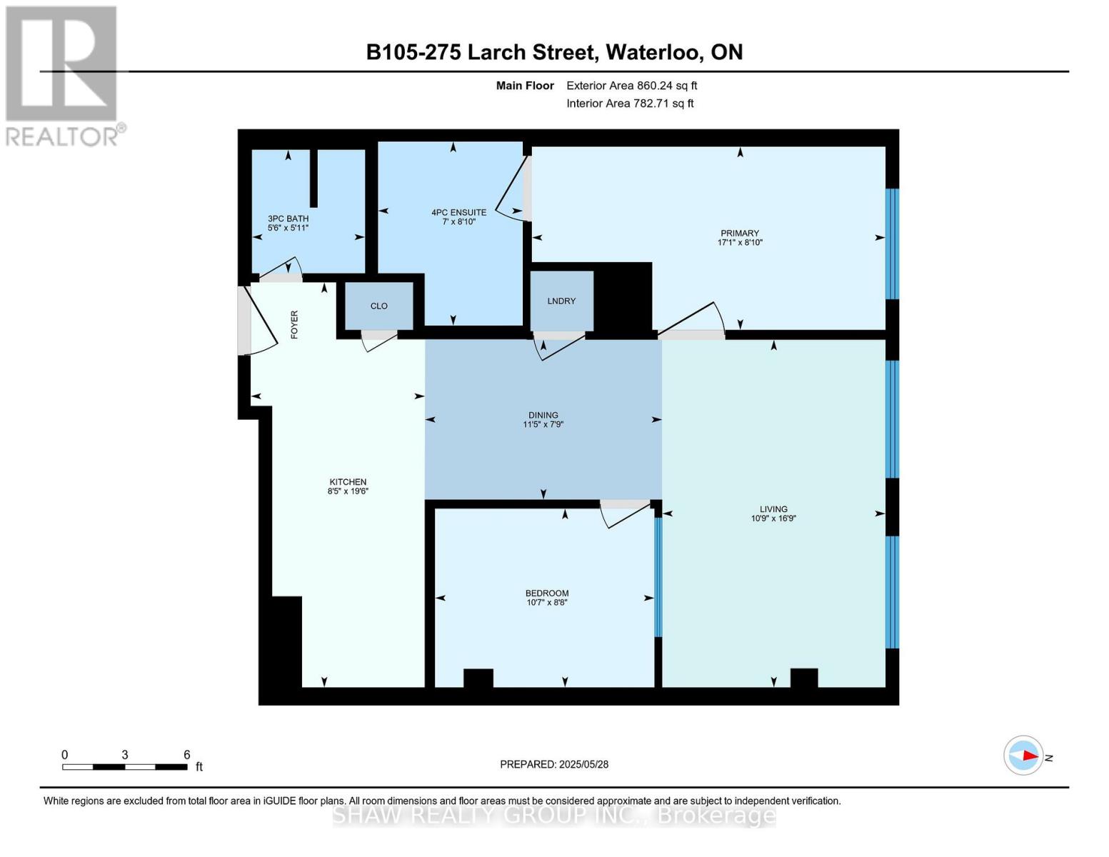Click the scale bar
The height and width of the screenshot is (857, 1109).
[124, 766]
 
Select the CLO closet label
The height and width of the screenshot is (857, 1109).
[378, 306]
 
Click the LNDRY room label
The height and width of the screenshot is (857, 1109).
[561, 301]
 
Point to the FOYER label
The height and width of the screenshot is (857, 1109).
[294, 325]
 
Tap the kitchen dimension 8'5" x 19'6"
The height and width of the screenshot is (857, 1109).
[348, 491]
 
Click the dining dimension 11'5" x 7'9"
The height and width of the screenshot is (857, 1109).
[543, 424]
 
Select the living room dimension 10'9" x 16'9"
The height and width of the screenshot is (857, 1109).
[773, 518]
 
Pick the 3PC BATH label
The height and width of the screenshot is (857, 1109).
[288, 219]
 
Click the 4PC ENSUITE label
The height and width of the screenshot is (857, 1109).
[458, 212]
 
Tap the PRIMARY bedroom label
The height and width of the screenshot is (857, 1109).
[740, 234]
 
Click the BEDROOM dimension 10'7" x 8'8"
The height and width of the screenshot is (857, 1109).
[547, 602]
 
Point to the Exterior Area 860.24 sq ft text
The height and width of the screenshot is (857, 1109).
[632, 86]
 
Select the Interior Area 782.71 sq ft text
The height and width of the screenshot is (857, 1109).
[631, 104]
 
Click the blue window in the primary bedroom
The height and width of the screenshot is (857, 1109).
[892, 244]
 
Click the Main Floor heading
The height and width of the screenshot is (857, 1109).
[525, 86]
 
